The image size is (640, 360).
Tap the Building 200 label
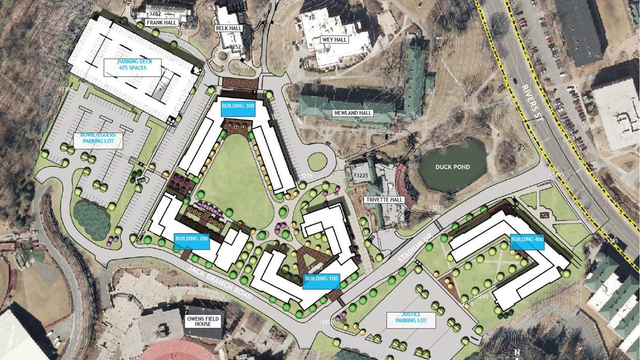click(191, 239)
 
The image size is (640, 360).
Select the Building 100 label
click(321, 279)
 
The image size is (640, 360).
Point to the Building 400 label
click(527, 240)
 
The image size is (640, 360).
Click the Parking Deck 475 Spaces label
click(132, 65)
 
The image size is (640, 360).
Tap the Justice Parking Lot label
click(411, 318)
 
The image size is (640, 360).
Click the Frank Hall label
click(162, 23)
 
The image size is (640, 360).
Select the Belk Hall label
click(229, 28)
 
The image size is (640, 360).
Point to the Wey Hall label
click(334, 39)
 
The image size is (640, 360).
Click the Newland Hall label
click(353, 113)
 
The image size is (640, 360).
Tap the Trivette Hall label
click(384, 200)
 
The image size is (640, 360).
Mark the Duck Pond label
click(453, 167)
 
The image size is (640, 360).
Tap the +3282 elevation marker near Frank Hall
click(154, 13)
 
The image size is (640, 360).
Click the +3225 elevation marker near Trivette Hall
click(361, 175)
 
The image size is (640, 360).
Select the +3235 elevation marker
click(306, 176)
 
